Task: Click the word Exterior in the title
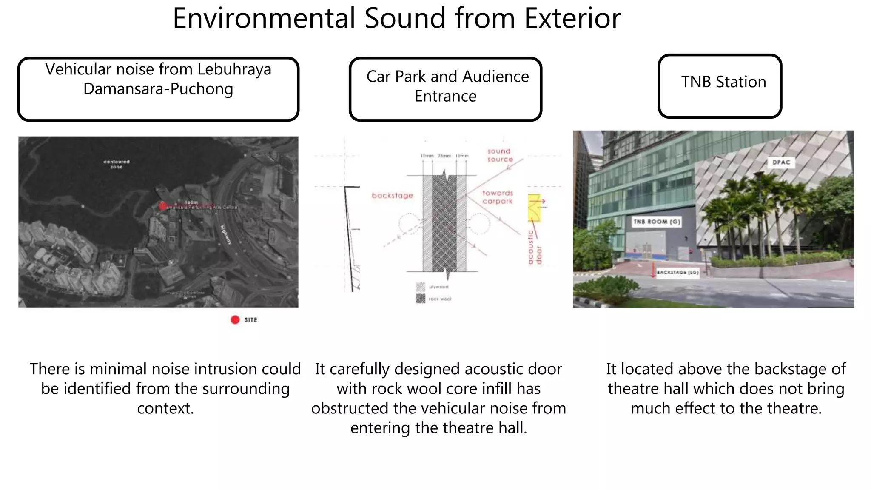[x=572, y=19]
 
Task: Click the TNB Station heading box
[x=720, y=86]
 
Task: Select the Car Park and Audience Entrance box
[x=445, y=89]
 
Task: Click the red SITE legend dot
[x=235, y=320]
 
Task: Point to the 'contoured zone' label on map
[x=117, y=164]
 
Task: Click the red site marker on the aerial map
[x=162, y=206]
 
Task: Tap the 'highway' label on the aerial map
[x=226, y=234]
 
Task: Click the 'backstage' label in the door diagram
[x=392, y=196]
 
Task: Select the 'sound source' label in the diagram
[x=500, y=155]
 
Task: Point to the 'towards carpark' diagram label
[x=498, y=197]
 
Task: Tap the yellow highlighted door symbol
[x=534, y=208]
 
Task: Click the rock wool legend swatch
[x=420, y=299]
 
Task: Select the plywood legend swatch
[x=420, y=287]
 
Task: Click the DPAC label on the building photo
[x=781, y=162]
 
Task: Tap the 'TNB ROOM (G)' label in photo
[x=657, y=222]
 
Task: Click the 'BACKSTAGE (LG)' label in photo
[x=677, y=272]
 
